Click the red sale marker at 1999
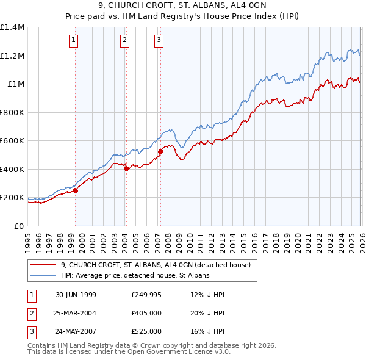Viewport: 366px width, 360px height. tap(76, 190)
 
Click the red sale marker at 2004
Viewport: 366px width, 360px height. tap(126, 169)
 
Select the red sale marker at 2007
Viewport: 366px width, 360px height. tap(160, 152)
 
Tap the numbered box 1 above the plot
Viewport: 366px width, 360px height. tap(73, 41)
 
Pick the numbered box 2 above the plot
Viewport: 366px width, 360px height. tap(124, 41)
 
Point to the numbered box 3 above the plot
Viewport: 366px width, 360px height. tap(159, 41)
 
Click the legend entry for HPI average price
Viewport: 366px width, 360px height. tap(135, 276)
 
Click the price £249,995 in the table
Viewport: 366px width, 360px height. tap(146, 295)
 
